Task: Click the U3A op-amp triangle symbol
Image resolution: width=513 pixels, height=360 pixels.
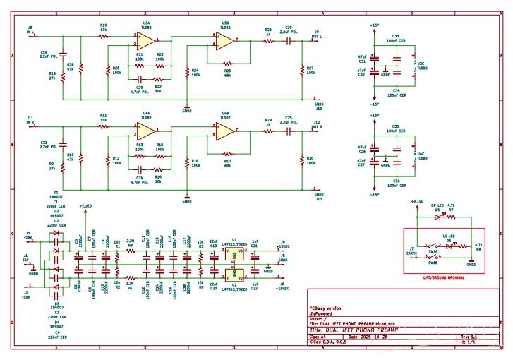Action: click(146, 40)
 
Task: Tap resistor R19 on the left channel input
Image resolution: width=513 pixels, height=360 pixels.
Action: click(104, 35)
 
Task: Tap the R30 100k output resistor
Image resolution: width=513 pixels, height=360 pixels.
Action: click(303, 162)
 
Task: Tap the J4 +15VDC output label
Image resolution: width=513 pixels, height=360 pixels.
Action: click(285, 246)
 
